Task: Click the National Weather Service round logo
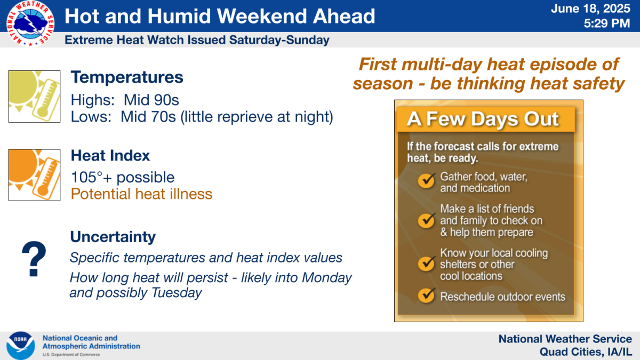tap(30, 23)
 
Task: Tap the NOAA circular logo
tap(21, 346)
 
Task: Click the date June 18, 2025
tap(590, 9)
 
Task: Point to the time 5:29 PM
tap(607, 23)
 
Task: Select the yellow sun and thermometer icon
tap(34, 97)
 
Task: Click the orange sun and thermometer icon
tap(34, 175)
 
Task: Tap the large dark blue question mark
tap(34, 259)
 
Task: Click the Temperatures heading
tap(127, 77)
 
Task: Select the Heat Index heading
tap(110, 156)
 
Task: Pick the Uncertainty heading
tap(113, 237)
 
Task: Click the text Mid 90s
tap(151, 100)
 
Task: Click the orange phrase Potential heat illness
tap(141, 194)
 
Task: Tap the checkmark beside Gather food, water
tap(427, 181)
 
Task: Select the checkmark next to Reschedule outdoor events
tap(427, 295)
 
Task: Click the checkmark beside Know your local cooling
tap(427, 263)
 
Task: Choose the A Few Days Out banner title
tap(483, 119)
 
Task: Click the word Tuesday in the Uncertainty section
tap(177, 293)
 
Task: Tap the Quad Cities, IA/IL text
tap(586, 352)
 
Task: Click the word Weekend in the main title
tap(262, 16)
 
